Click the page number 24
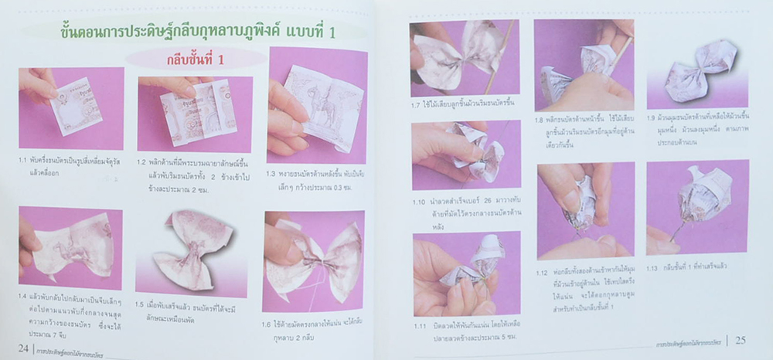pyautogui.click(x=22, y=348)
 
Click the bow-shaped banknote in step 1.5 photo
pyautogui.click(x=197, y=247)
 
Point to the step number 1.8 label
pyautogui.click(x=540, y=120)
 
